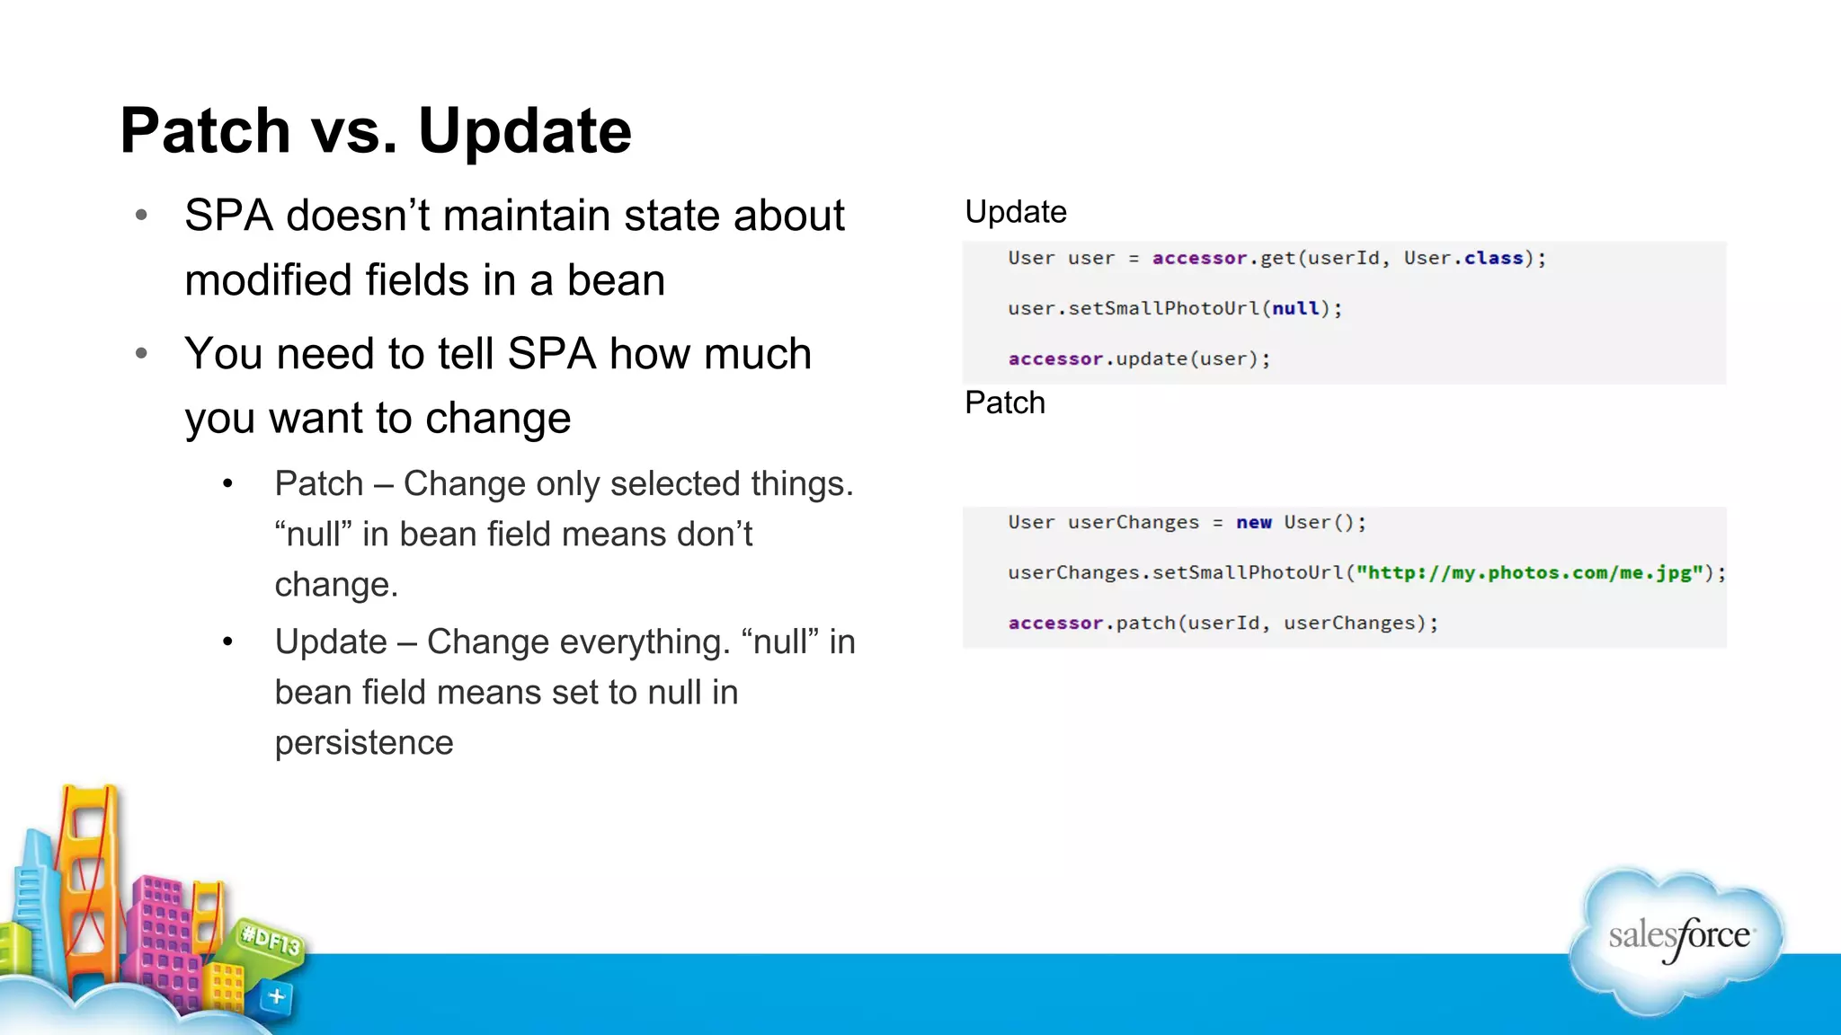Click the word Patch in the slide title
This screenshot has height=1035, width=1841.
coord(205,131)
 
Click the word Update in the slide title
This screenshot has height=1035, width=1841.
coord(525,131)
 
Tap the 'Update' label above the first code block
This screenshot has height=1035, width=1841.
coord(1015,212)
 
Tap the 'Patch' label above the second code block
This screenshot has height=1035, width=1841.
coord(1004,402)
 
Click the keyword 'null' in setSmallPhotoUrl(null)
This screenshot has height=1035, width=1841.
coord(1295,308)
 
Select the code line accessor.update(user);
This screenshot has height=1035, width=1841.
coord(1139,358)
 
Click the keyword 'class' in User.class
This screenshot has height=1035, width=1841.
coord(1493,258)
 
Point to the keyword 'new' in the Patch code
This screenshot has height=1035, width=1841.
coord(1253,522)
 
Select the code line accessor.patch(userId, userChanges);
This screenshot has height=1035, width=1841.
coord(1223,623)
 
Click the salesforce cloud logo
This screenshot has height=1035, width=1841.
coord(1677,939)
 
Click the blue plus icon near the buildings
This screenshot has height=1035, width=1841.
coord(277,996)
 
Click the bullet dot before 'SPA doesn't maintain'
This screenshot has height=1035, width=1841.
coord(141,216)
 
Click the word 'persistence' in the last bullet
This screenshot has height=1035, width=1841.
coord(364,743)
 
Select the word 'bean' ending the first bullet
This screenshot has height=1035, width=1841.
coord(616,280)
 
